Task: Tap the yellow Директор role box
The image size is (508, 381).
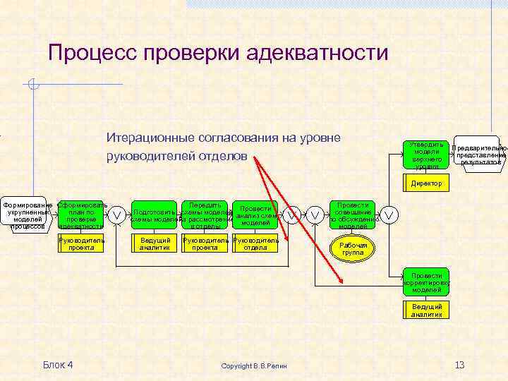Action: (427, 183)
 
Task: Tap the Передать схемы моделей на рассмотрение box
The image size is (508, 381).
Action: (205, 214)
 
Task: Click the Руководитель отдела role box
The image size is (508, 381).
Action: (255, 243)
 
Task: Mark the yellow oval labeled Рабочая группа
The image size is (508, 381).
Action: (353, 248)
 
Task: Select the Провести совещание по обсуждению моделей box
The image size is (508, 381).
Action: (353, 214)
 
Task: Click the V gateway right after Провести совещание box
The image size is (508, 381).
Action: (389, 213)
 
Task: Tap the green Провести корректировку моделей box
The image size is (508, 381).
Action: (427, 282)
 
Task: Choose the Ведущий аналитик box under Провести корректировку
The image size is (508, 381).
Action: (427, 310)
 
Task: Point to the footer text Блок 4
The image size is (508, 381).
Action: (58, 364)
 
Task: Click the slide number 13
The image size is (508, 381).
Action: (459, 364)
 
